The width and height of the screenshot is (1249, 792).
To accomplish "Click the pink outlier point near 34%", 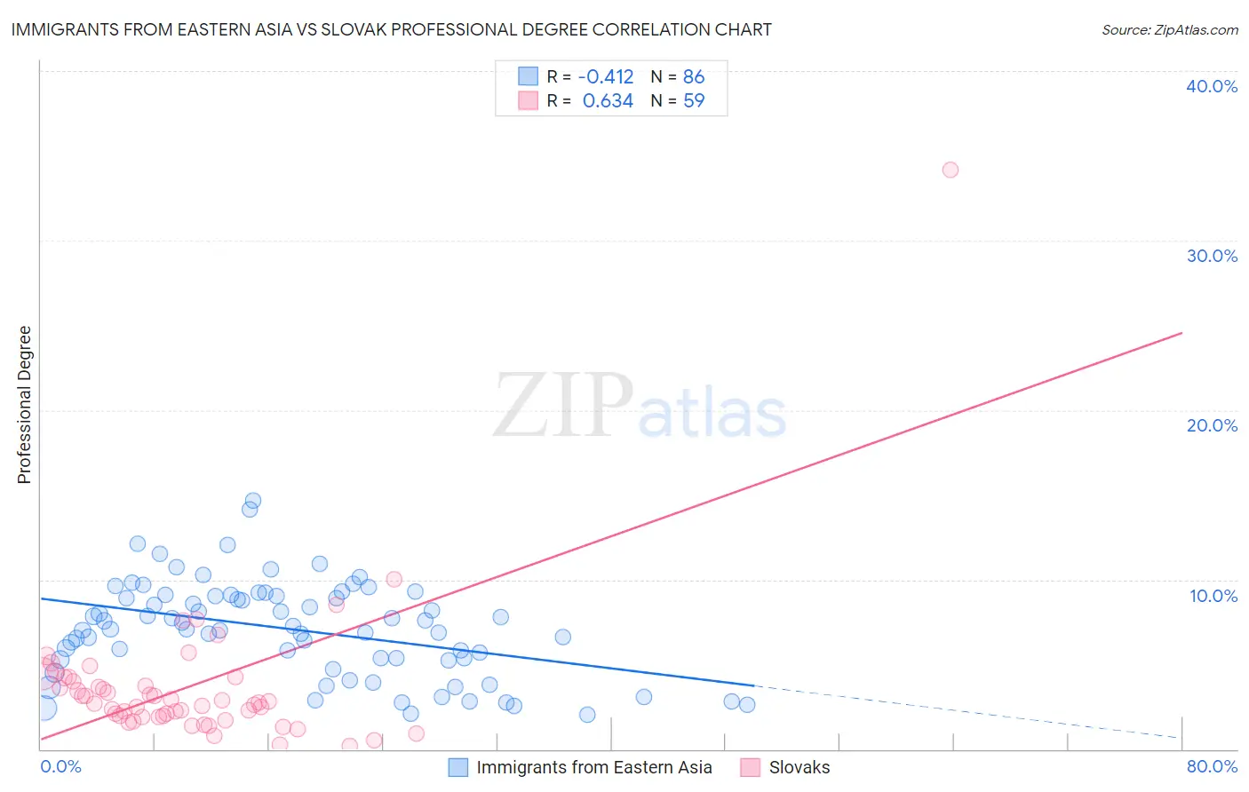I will pos(950,170).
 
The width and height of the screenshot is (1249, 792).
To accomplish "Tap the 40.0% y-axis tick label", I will pos(1211,86).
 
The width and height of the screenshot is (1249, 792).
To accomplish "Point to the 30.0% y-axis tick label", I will pos(1211,256).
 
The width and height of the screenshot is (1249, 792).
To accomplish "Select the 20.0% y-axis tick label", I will pos(1211,425).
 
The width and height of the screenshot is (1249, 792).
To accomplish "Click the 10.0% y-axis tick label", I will pos(1213,596).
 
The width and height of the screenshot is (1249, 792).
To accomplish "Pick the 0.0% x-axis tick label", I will pos(60,766).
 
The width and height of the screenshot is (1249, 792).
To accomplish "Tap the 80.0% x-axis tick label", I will pos(1212,766).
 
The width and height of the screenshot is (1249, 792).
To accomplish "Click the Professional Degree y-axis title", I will pos(24,405).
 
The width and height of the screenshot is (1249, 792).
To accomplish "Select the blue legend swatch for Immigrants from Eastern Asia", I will pos(457,768).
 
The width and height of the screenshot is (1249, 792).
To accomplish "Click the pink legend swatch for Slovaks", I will pos(751,768).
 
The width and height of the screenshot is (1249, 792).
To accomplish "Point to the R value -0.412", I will pos(606,77).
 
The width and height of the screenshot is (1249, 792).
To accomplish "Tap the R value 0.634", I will pos(608,101).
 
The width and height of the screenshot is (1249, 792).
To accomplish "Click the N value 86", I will pos(694,77).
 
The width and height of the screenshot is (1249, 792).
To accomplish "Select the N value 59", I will pos(694,101).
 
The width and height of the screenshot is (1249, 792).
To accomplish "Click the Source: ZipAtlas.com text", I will pos(1169,30).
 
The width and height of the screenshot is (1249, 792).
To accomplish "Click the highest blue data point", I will pos(252,501).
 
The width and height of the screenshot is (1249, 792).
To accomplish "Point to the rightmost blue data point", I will pos(747,704).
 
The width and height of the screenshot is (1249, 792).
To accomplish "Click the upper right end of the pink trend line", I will pos(1181,333).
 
